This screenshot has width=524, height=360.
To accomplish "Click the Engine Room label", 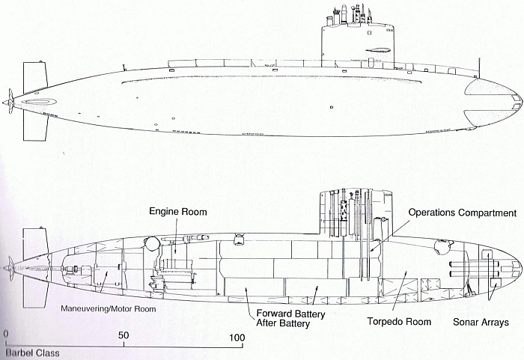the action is [178, 212].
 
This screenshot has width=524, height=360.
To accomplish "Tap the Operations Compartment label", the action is [463, 213].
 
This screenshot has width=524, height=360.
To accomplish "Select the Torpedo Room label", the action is [399, 322].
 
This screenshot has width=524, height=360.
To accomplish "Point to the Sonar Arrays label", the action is [481, 323].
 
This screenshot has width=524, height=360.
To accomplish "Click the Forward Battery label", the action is [290, 314].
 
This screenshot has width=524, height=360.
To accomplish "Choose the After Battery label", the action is [283, 323].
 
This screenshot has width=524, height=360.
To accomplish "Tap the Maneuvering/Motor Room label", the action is [109, 309].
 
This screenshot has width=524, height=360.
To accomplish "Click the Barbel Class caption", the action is [32, 353].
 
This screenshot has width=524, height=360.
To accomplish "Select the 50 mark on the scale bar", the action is [124, 335].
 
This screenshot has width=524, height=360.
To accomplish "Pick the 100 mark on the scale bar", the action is [237, 338].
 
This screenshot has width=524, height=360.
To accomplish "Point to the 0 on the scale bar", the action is [6, 335].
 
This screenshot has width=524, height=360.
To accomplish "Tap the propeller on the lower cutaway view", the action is [10, 269].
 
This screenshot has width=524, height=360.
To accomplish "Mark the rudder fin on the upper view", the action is [34, 101].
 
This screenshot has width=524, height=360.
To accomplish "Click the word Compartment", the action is [487, 213].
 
